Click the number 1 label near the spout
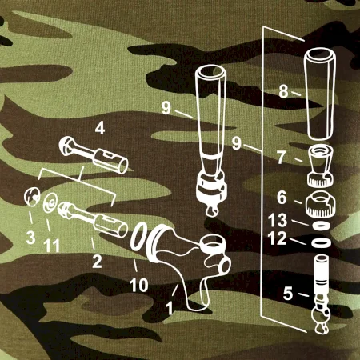coord(170,308)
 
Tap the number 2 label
coord(97,262)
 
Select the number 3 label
coord(30,237)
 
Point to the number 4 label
coord(100,128)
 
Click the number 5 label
coord(288,294)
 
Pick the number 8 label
coord(284,91)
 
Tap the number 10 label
coord(139,285)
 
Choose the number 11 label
coord(52,245)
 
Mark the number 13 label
coord(278,220)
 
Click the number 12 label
coord(278,238)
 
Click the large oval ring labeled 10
coord(138,236)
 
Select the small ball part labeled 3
coord(32,197)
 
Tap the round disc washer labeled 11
coord(50,203)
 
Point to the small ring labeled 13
coord(321,226)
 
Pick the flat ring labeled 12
coord(322,242)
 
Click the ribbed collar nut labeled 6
coord(320,205)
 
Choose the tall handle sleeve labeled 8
coord(320,94)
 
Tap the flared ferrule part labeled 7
coord(320,166)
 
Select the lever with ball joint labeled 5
coord(321,294)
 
